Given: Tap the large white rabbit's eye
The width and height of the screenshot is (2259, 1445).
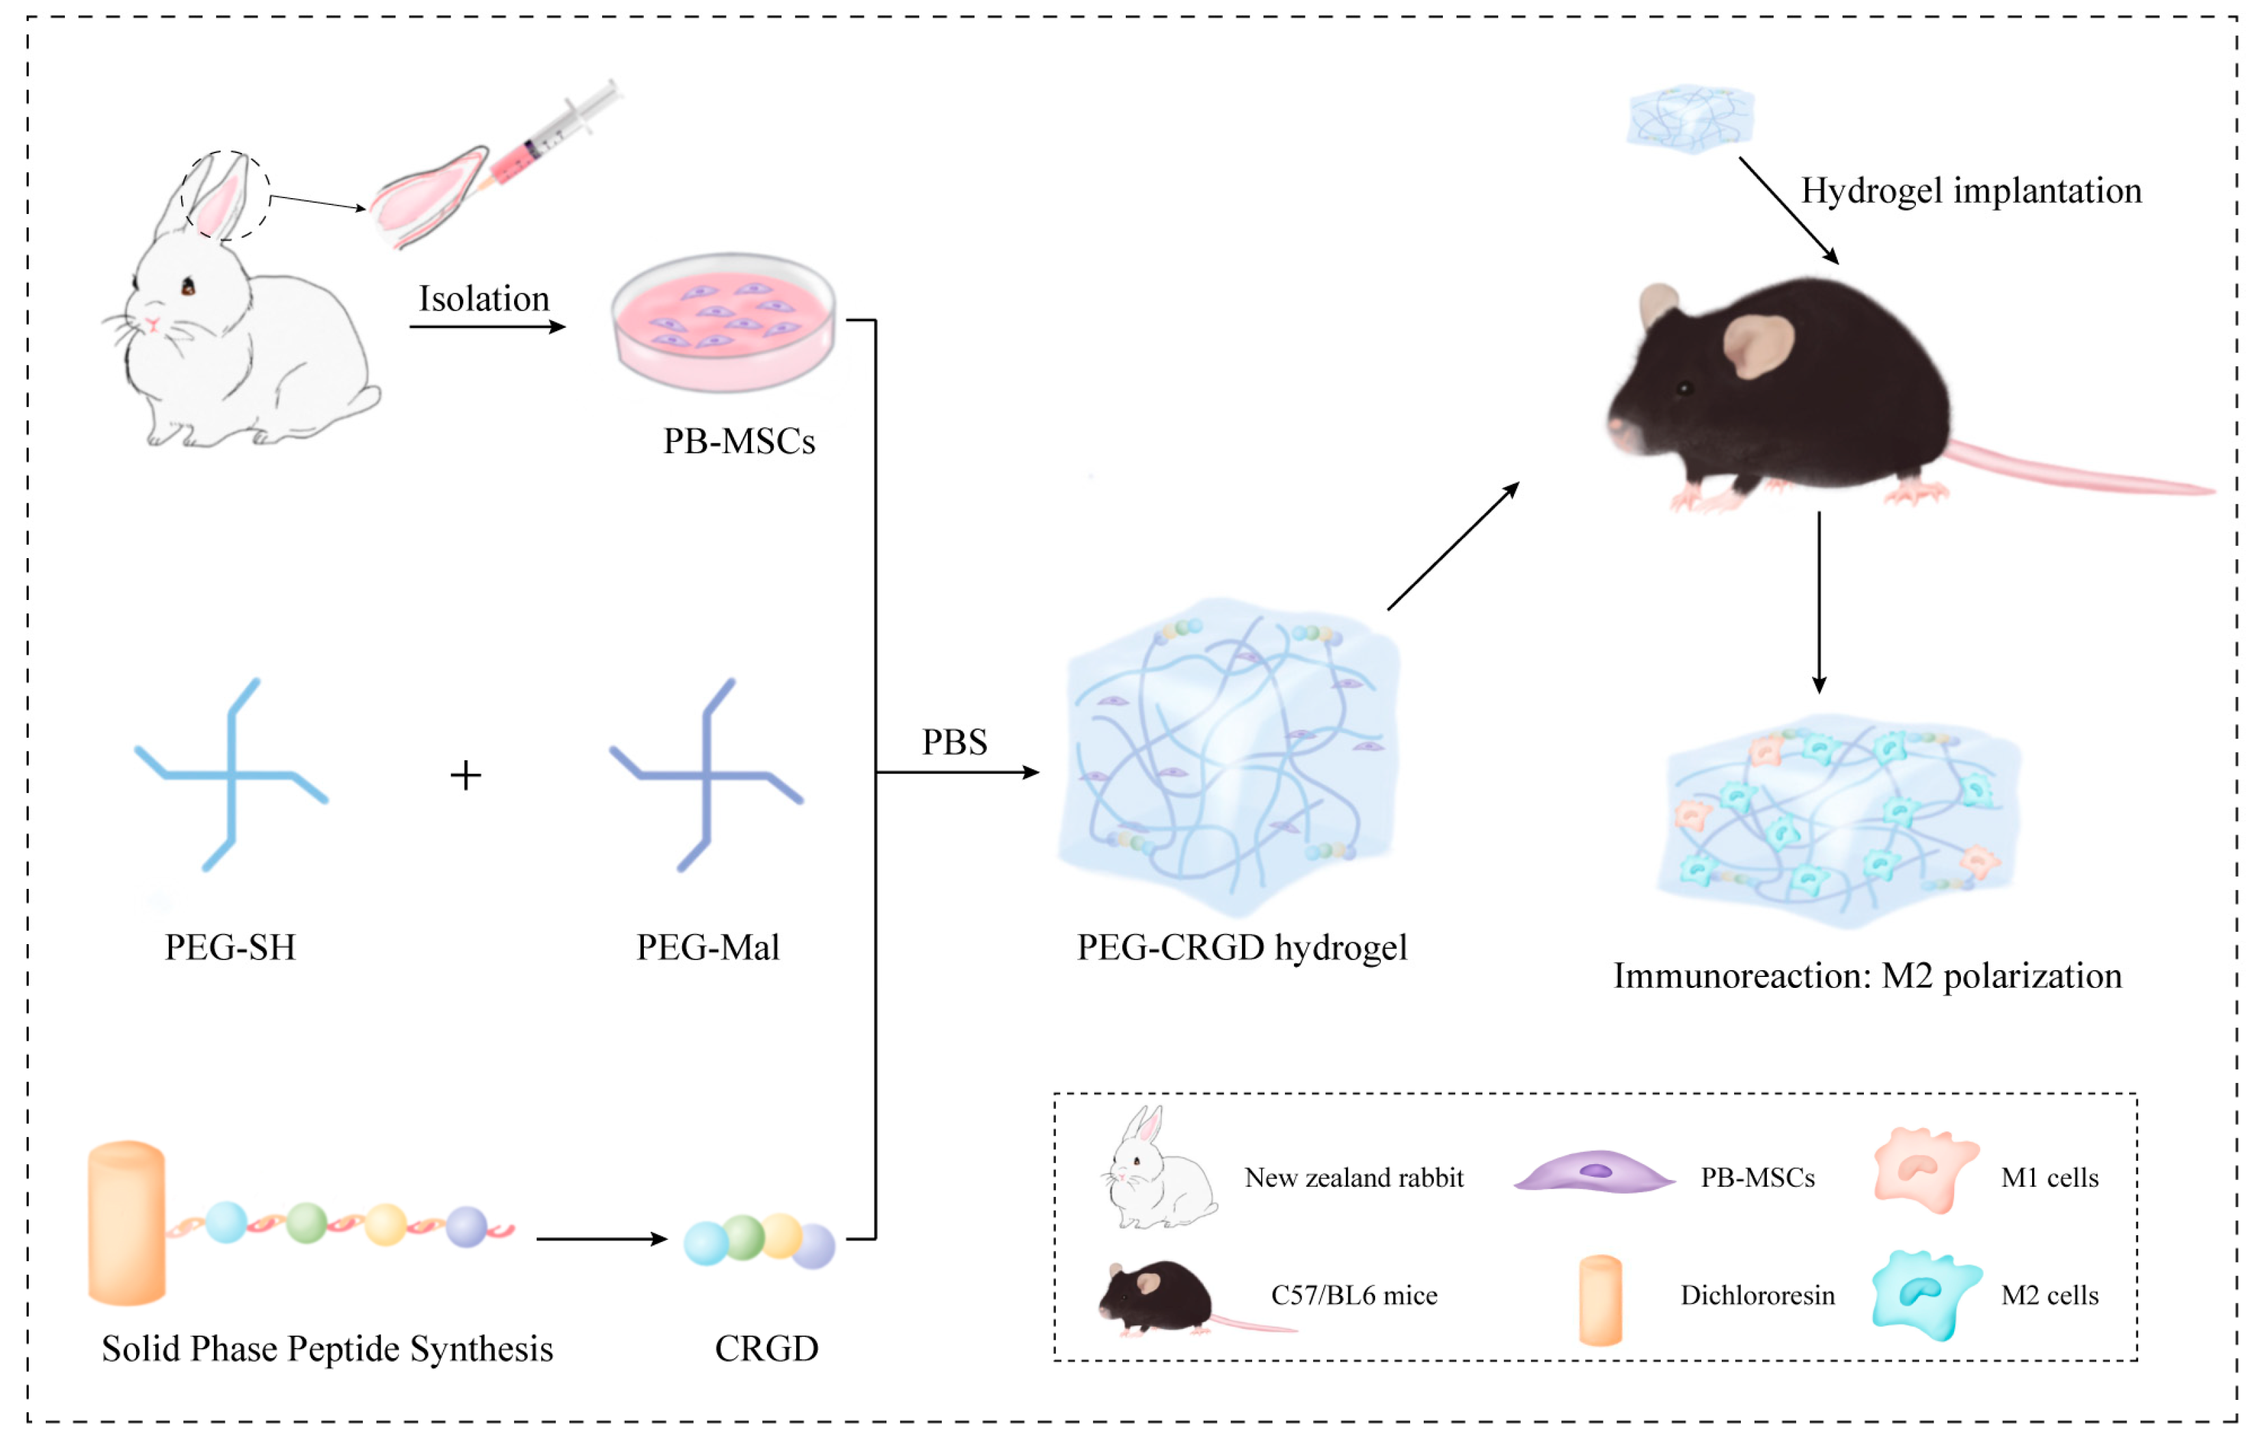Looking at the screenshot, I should click(189, 286).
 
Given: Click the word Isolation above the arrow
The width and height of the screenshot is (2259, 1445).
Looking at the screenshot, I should click(483, 299).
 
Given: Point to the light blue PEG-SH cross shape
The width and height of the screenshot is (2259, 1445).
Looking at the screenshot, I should click(231, 775).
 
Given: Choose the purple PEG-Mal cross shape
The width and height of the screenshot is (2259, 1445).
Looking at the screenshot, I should click(706, 775).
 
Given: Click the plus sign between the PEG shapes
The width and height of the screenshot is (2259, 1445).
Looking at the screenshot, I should click(465, 775).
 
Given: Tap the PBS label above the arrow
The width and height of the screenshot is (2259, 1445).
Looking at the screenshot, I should click(953, 742).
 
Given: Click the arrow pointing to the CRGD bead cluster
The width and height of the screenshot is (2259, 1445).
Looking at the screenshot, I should click(601, 1239).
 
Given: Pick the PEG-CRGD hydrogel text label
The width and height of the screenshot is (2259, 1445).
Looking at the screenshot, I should click(1241, 948).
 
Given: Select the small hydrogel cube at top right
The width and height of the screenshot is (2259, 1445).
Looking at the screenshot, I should click(1690, 118).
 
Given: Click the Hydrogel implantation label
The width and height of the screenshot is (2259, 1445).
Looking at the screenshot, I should click(1971, 191).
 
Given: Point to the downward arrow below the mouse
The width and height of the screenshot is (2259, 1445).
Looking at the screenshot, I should click(1819, 601).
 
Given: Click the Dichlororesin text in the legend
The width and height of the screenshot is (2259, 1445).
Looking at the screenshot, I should click(1757, 1296).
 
